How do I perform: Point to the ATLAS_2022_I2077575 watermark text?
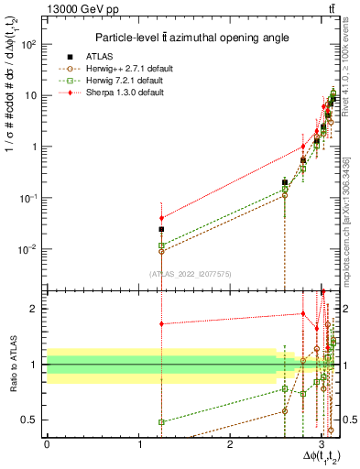189,273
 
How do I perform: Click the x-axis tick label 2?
231,444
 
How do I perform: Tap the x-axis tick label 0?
47,444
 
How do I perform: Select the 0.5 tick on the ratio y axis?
30,420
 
